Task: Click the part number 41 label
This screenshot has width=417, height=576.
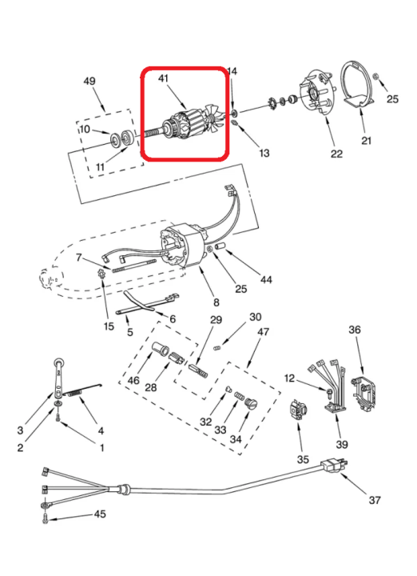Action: point(163,78)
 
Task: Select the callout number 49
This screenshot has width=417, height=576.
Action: point(89,81)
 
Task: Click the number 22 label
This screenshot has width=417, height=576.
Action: point(336,154)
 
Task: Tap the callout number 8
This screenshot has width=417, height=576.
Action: point(216,302)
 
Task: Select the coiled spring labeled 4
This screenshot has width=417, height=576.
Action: point(81,391)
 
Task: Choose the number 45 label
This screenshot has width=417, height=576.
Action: point(100,514)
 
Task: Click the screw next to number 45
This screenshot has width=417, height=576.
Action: point(46,519)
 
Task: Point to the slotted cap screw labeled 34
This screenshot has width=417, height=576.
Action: point(251,404)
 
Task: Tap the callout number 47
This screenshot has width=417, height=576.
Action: point(263,331)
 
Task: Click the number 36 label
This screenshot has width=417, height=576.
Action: point(354,330)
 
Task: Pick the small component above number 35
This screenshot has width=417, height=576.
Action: point(298,410)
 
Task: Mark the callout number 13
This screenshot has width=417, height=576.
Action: point(264,153)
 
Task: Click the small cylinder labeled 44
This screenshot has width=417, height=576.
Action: point(220,246)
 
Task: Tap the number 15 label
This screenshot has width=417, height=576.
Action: point(109,326)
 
